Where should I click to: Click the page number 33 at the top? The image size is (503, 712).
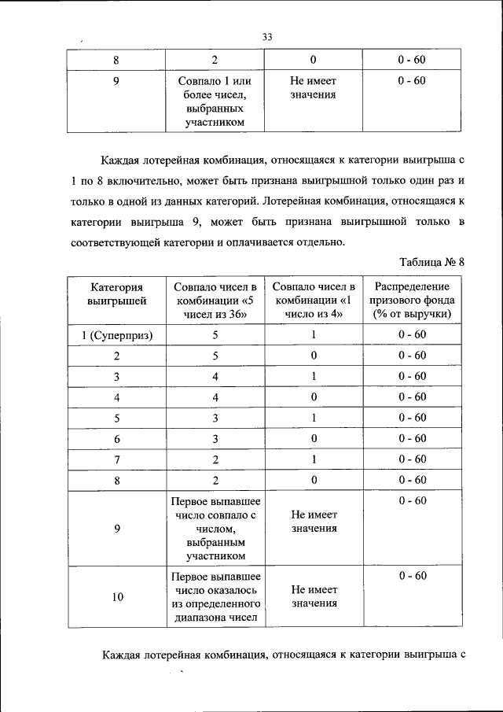coord(266,35)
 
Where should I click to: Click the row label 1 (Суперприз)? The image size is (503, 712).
coord(116,335)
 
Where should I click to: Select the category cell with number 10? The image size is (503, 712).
coord(116,597)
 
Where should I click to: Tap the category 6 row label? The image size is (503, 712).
coord(116,438)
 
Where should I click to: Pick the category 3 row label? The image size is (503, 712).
coord(116,376)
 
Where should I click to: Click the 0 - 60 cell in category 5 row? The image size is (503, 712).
coord(412,418)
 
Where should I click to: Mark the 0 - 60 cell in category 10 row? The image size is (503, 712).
coord(412,576)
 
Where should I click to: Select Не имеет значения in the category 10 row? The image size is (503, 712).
coord(314,596)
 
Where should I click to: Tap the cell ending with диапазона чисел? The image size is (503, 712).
coord(215,597)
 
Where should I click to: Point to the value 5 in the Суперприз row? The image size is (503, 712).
coord(215,335)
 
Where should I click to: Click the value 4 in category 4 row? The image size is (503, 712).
coord(215,397)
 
